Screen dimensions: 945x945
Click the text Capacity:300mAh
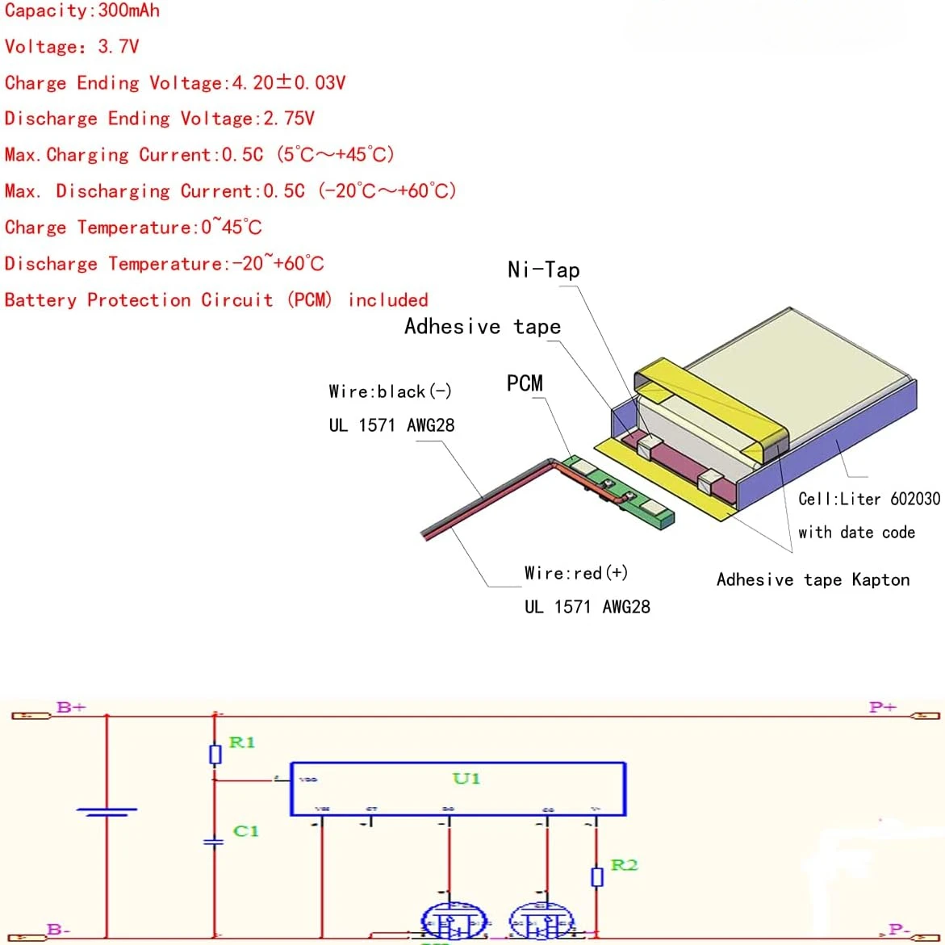click(82, 10)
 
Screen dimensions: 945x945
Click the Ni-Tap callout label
click(543, 270)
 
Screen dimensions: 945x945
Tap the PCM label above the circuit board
click(525, 383)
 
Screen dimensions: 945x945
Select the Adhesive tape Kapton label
click(813, 579)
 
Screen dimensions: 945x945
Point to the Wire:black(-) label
click(390, 392)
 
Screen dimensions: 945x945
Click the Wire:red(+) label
click(575, 573)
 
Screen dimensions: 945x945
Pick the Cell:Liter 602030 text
click(869, 499)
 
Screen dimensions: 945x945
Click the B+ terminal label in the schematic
click(71, 707)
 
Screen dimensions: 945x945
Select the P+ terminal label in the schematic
click(882, 707)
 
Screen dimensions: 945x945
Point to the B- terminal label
click(58, 930)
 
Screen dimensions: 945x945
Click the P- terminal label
click(898, 930)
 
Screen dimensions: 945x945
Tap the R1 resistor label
click(242, 742)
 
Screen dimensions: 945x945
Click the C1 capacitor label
click(245, 830)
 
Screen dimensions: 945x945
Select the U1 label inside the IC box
click(466, 779)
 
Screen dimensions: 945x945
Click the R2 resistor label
click(624, 865)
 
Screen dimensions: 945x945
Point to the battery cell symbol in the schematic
click(107, 811)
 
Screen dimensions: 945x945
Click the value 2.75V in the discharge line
click(289, 119)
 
